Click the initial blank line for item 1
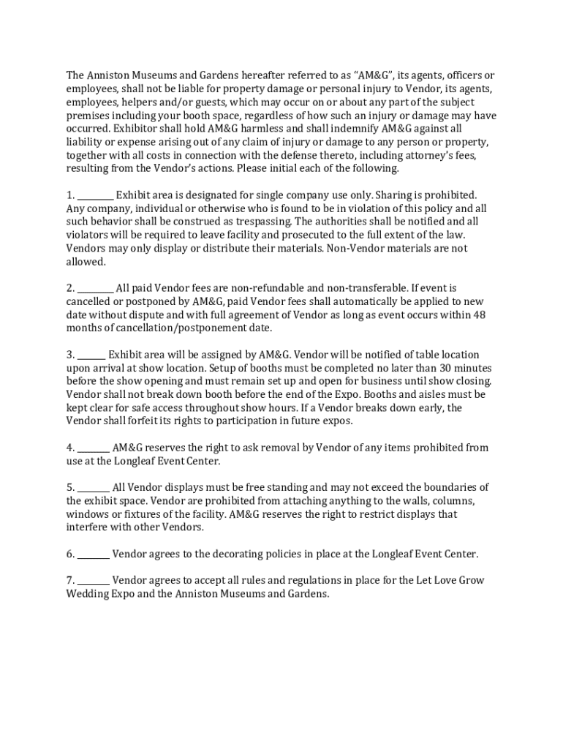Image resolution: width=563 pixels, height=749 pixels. [96, 195]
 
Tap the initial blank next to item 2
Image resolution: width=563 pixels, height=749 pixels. [96, 288]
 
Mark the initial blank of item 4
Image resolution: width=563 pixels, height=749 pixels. [94, 448]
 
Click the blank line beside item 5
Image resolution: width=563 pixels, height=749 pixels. [94, 487]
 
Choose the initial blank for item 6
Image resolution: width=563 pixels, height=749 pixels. [94, 554]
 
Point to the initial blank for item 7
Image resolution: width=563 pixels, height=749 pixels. [94, 580]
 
